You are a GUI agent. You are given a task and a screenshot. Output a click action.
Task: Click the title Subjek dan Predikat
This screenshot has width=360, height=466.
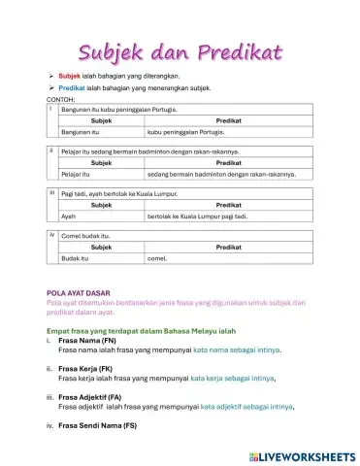180,49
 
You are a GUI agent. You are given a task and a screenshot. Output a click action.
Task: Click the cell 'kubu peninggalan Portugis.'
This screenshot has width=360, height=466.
186,129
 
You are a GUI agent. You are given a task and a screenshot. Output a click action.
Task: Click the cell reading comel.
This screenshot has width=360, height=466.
157,258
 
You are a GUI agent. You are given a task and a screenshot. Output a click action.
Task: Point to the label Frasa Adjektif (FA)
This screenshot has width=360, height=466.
92,397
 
